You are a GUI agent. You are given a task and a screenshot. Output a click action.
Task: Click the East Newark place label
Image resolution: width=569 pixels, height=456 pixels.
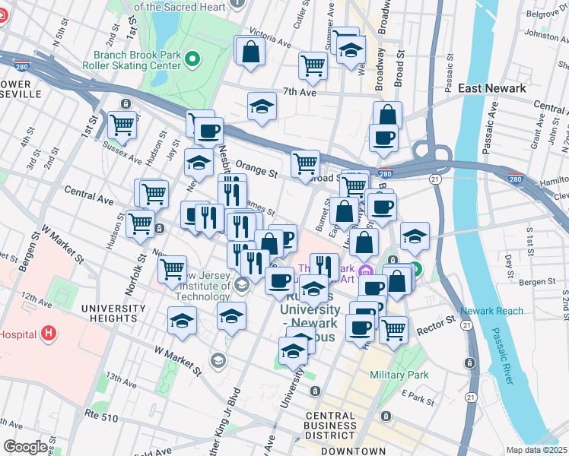[x=492, y=88]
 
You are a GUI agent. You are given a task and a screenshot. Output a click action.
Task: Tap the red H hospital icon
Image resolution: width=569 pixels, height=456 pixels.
[x=49, y=333]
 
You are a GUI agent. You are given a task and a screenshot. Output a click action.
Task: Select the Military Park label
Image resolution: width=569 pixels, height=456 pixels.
[x=399, y=375]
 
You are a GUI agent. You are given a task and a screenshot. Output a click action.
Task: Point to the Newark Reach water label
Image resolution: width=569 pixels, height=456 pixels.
[x=491, y=311]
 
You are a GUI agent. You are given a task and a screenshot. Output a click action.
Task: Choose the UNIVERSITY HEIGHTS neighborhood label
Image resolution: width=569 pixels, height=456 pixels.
[x=116, y=315]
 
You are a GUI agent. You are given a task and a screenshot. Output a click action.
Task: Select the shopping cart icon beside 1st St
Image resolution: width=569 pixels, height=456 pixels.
[x=122, y=124]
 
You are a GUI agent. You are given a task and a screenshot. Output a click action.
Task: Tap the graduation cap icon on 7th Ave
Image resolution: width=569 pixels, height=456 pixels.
[x=262, y=106]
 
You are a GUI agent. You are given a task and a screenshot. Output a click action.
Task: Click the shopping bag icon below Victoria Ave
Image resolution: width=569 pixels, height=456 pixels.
[x=250, y=52]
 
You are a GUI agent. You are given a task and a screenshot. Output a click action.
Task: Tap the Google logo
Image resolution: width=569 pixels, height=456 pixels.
[x=25, y=446]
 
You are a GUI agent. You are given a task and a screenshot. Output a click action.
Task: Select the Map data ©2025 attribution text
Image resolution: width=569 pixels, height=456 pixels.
[x=536, y=450]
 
